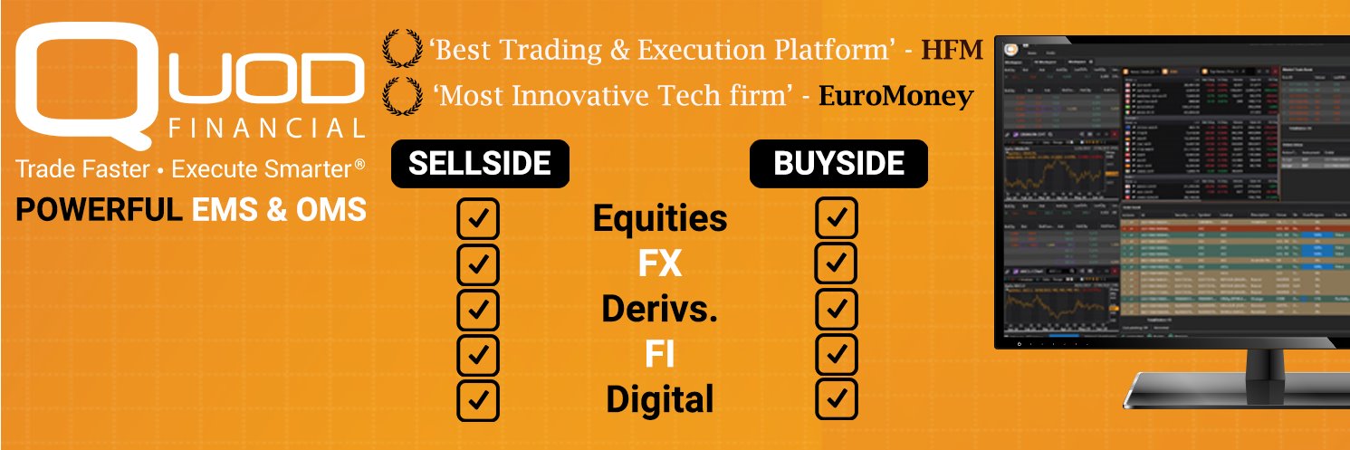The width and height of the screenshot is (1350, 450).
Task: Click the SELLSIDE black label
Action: click(x=479, y=164)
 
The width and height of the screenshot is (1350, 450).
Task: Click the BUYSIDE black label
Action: click(x=838, y=164)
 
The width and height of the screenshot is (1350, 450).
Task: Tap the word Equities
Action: click(x=659, y=219)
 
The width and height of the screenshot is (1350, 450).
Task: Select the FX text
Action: click(x=659, y=264)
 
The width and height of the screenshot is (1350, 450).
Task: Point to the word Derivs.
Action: click(x=659, y=310)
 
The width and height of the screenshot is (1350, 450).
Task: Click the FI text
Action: click(x=659, y=354)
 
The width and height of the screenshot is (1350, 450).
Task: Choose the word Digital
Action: click(x=659, y=399)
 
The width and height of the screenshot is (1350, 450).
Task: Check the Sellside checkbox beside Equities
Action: click(x=478, y=219)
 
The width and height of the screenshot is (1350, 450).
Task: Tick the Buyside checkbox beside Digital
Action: click(x=837, y=398)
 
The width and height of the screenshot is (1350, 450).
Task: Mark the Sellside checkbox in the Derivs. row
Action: click(x=478, y=309)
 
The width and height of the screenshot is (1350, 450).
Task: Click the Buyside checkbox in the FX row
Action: click(x=837, y=263)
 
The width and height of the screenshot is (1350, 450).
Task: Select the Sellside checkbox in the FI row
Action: click(x=478, y=354)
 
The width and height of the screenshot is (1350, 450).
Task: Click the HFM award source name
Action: click(x=952, y=51)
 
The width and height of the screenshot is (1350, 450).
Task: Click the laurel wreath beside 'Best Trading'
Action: click(x=400, y=49)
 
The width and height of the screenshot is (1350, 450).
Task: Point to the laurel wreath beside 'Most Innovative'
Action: click(x=400, y=95)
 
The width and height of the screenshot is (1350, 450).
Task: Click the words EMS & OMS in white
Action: click(x=279, y=210)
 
